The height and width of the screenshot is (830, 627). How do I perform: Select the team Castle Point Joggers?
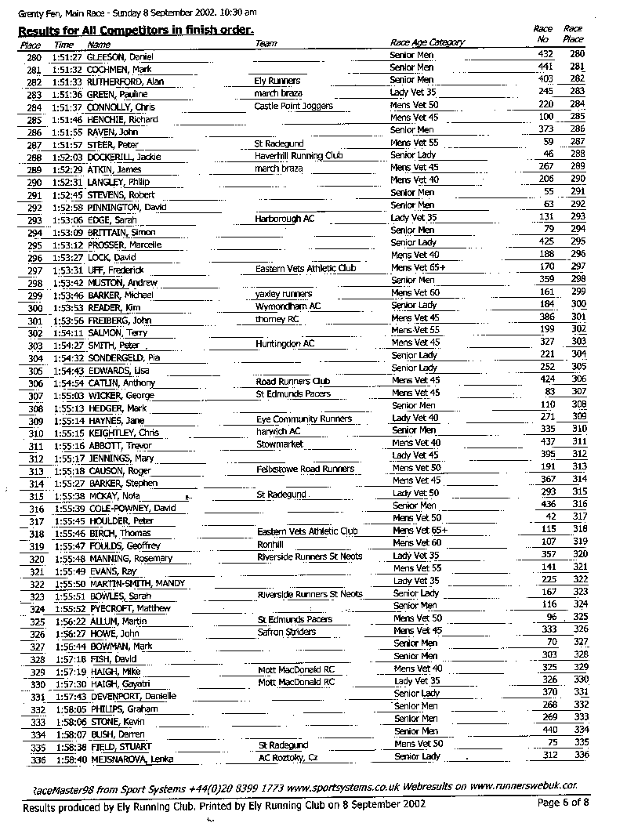(293, 106)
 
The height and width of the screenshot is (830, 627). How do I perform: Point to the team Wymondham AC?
(288, 306)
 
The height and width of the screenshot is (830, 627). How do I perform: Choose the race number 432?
(545, 53)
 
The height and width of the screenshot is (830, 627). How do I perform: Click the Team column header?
(266, 43)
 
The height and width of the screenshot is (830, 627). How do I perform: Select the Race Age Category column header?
(426, 42)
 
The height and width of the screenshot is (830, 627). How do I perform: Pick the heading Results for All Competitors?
(135, 30)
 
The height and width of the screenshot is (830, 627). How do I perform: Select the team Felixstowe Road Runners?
(305, 469)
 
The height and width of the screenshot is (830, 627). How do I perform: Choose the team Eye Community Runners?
(303, 419)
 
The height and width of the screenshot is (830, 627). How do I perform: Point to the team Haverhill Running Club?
(299, 156)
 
